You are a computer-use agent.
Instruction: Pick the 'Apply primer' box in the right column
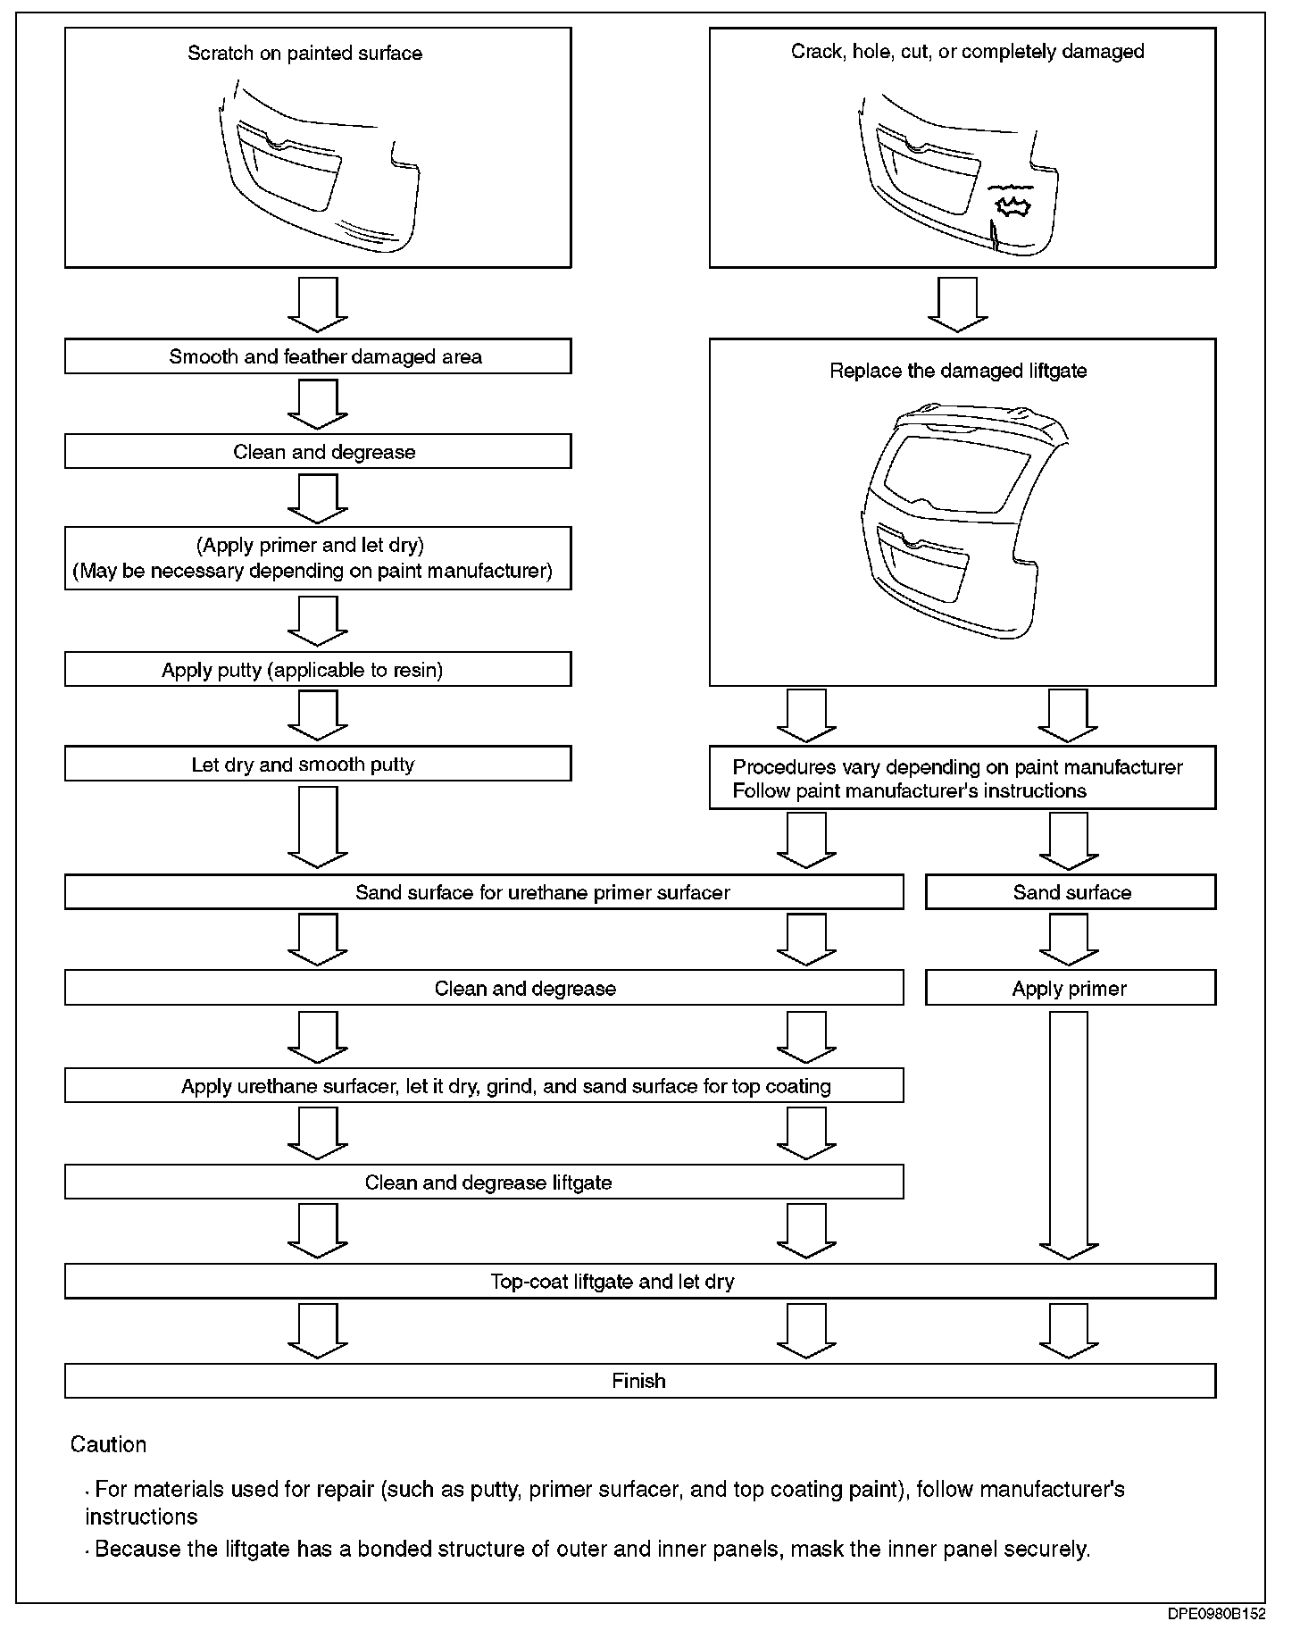[1070, 988]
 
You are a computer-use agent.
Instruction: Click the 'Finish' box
[639, 1380]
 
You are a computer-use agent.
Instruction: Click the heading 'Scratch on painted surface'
[304, 54]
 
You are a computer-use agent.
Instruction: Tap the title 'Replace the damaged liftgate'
[958, 371]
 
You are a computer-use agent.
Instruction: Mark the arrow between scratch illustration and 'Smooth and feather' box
[317, 304]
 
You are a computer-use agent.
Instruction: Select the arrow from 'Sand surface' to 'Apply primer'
[1068, 940]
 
